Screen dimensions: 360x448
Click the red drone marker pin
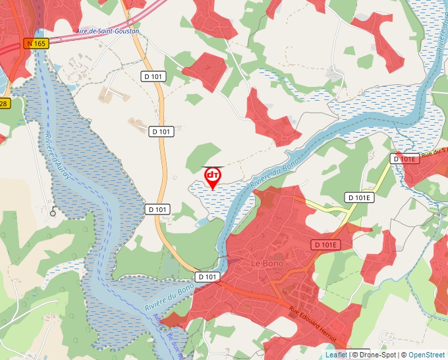coord(212,176)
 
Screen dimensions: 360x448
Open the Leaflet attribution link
coord(336,355)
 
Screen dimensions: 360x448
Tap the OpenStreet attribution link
coord(426,355)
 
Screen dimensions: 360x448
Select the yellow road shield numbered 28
coord(4,103)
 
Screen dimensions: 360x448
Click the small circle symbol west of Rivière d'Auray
coord(53,213)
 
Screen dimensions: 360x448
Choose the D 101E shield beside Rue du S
coord(405,159)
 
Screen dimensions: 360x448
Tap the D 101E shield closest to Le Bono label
coord(325,245)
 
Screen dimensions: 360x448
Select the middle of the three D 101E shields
coord(359,197)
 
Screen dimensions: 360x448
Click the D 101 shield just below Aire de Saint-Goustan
coord(154,76)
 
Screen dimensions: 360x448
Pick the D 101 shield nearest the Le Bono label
coord(207,276)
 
